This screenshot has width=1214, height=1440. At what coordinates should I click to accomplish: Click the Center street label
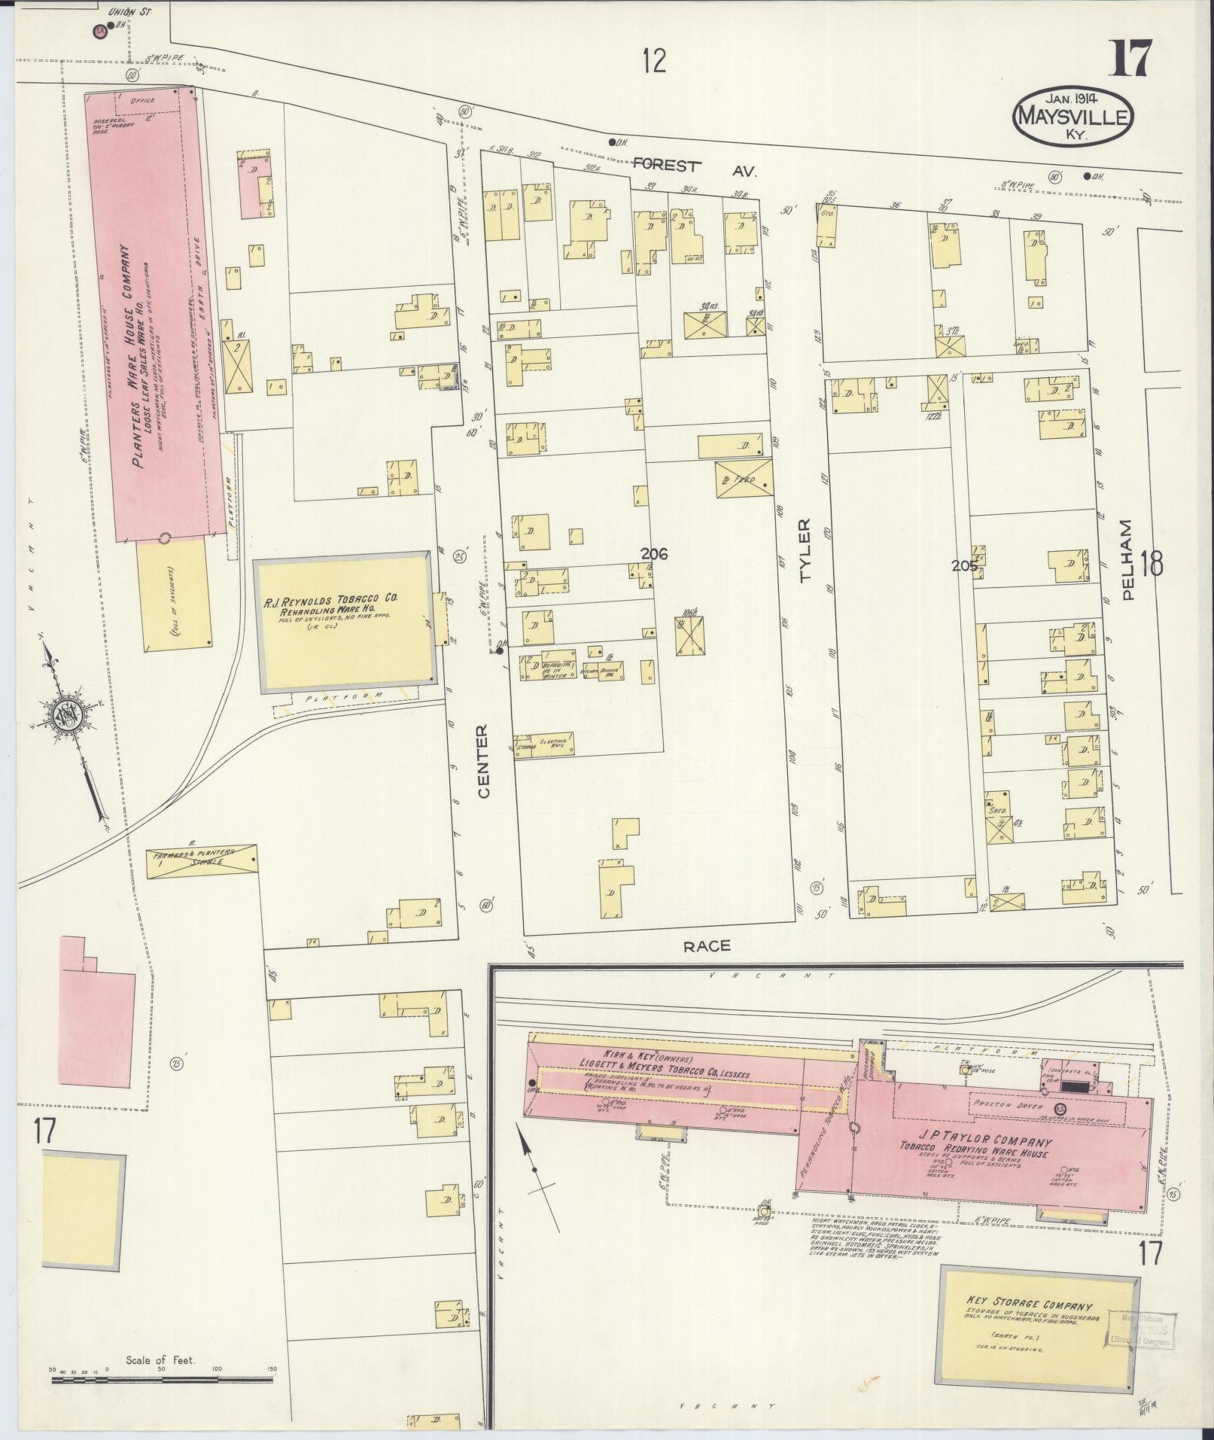pos(482,761)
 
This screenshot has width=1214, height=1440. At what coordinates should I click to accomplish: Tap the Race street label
pos(707,946)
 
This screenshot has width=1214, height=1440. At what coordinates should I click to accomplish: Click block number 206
pos(654,553)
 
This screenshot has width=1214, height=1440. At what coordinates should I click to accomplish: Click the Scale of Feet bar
pos(162,1380)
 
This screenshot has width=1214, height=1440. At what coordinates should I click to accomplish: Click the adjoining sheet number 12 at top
pos(654,59)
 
